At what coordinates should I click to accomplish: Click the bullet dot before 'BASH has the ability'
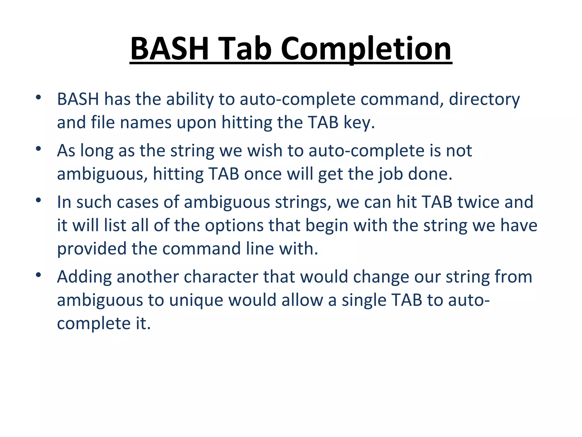coord(39,97)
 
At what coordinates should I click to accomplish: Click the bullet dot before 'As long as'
coord(39,149)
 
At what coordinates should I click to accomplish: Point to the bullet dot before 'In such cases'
coord(39,200)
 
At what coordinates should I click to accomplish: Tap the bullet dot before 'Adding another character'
coord(39,275)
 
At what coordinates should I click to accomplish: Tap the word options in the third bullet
coord(234,226)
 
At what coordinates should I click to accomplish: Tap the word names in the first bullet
coord(145,123)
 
